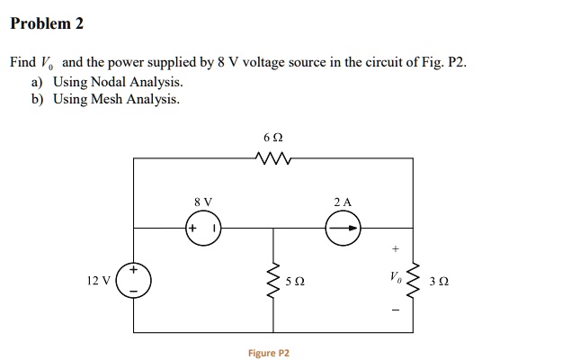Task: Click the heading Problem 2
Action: [46, 24]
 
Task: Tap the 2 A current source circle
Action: [343, 229]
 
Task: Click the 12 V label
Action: [99, 281]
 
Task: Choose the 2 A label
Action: [342, 202]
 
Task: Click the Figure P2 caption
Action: [269, 353]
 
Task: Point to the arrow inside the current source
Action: [344, 229]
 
